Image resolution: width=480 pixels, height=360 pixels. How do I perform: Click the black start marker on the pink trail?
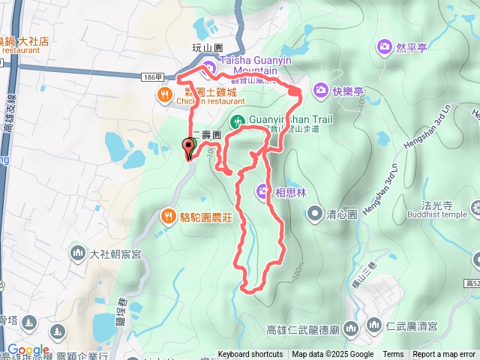pyautogui.click(x=187, y=147)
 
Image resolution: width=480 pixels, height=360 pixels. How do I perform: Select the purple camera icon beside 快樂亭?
pyautogui.click(x=320, y=90)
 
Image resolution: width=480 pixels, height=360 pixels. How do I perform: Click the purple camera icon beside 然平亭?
pyautogui.click(x=385, y=47)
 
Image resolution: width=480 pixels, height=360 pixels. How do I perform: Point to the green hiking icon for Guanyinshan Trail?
pyautogui.click(x=238, y=120)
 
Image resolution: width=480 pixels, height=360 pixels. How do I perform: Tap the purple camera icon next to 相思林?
pyautogui.click(x=263, y=190)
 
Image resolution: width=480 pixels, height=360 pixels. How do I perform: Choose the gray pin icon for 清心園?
pyautogui.click(x=314, y=212)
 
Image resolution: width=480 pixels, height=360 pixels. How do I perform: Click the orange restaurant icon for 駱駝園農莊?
pyautogui.click(x=168, y=217)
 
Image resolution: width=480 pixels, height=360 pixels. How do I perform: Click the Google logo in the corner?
pyautogui.click(x=28, y=350)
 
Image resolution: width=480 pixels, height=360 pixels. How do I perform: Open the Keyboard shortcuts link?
pyautogui.click(x=250, y=355)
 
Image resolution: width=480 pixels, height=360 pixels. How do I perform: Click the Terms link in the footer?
pyautogui.click(x=393, y=355)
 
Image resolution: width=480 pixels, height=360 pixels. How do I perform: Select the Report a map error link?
pyautogui.click(x=445, y=355)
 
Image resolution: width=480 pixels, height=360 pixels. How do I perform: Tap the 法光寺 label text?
pyautogui.click(x=427, y=203)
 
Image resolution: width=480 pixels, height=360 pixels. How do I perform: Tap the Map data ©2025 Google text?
pyautogui.click(x=332, y=355)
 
